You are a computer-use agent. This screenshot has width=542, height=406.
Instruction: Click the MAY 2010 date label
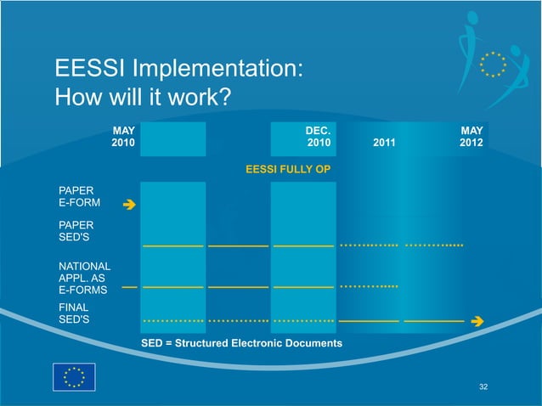[123, 138]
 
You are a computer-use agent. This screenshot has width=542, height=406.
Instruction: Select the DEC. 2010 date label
[319, 138]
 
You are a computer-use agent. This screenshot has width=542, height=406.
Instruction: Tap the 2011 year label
[384, 144]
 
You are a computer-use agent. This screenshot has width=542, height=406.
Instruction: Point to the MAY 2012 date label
[471, 138]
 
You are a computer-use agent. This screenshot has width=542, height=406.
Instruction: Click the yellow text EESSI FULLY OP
[287, 170]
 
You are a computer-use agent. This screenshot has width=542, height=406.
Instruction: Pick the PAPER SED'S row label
[76, 231]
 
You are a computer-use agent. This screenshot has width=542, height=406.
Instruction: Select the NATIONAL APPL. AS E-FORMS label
[83, 278]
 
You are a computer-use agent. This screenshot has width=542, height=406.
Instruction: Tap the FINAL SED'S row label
[74, 313]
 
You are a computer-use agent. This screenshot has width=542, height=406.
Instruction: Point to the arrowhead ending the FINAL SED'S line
[477, 321]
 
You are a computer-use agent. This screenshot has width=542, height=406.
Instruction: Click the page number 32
[483, 387]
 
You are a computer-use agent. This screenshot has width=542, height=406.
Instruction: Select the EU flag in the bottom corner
[74, 377]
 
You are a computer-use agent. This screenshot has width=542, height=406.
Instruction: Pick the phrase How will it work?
[143, 97]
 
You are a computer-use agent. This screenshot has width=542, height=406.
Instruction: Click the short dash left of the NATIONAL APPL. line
[129, 287]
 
